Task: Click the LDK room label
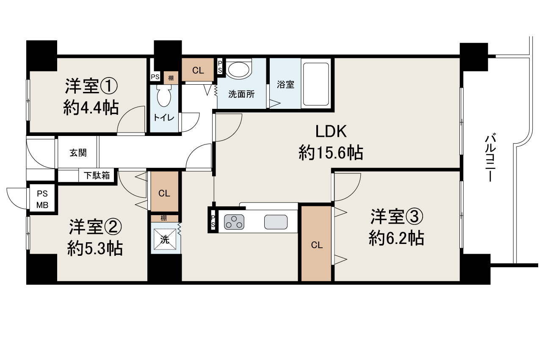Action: coord(331,132)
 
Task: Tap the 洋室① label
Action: coord(91,87)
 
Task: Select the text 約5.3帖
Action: coord(95,248)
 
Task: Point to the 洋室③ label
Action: coord(397,217)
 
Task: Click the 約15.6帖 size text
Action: coord(331,152)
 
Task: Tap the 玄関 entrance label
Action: coord(78,153)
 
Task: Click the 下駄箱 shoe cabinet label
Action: coord(97,175)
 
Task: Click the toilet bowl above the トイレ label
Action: coord(163,97)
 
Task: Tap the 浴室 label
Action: coord(285,84)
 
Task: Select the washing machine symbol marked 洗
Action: coord(165,240)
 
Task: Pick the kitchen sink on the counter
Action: coord(276,222)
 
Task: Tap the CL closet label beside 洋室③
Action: coord(316,245)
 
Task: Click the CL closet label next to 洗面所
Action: coord(198,71)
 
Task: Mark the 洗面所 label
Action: coord(241,94)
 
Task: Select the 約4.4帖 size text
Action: coord(91,108)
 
